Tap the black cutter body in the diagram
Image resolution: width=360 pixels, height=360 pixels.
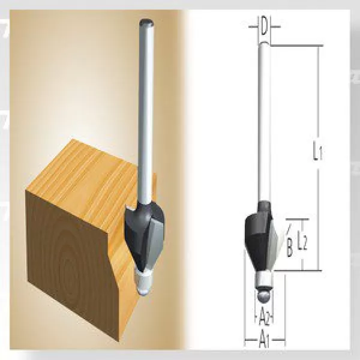[x=257, y=237]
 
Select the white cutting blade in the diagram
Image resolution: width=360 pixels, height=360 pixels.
[x=272, y=240]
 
